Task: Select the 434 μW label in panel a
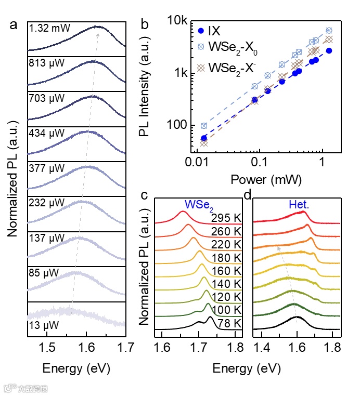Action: [x=46, y=133]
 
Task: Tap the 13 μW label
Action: [x=44, y=325]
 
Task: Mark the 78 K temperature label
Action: [x=230, y=323]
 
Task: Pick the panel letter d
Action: [x=248, y=196]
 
